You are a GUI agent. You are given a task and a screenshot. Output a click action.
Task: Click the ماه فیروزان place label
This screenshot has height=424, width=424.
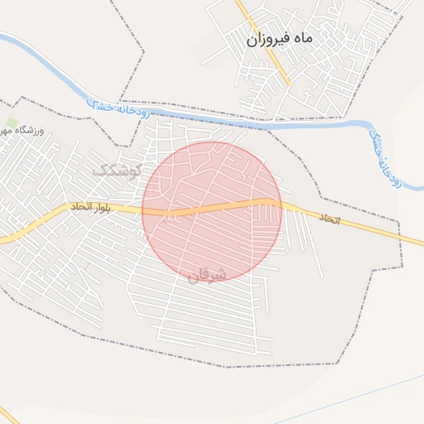[277, 38]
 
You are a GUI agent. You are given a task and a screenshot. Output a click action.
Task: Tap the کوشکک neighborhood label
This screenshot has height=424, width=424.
[117, 170]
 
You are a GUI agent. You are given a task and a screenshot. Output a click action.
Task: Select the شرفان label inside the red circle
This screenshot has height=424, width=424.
[206, 275]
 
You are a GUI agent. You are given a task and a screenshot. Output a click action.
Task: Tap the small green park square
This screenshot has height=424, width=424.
[11, 122]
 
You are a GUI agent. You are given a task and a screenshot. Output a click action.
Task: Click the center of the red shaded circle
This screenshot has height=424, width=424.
[212, 211]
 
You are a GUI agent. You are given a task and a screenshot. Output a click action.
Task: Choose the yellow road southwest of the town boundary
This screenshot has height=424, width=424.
[8, 414]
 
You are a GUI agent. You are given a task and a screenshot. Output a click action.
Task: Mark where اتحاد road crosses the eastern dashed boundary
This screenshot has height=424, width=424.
[399, 238]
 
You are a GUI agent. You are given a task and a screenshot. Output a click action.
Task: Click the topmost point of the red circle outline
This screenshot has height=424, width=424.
[212, 142]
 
